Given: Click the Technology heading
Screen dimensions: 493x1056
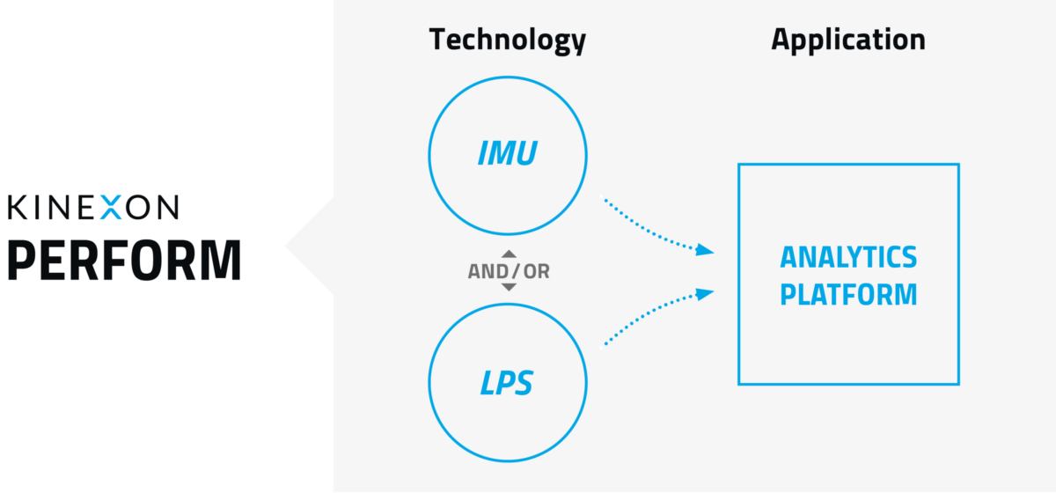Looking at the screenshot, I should [507, 40].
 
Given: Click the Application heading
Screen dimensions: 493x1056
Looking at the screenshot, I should [847, 40].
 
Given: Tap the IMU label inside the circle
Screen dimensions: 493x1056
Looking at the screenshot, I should [507, 155].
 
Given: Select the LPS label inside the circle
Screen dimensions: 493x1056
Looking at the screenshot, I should [507, 383].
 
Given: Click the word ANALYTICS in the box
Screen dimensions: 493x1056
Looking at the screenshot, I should [847, 258].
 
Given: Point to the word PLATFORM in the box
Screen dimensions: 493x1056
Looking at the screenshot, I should [847, 294].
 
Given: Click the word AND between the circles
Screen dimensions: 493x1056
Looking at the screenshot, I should [486, 271].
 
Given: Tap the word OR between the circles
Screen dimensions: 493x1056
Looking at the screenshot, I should [536, 271].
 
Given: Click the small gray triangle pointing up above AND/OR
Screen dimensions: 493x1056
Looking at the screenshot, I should [509, 254].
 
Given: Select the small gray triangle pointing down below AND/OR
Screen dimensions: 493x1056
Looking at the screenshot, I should [509, 287].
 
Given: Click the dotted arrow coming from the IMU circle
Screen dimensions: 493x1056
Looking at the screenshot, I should [651, 226].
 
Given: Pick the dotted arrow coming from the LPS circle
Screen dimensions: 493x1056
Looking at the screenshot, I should [651, 316].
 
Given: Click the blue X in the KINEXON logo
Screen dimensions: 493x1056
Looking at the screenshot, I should [111, 207].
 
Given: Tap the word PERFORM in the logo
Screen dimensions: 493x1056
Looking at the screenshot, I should [123, 260].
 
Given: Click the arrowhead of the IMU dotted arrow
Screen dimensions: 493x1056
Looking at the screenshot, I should [705, 251].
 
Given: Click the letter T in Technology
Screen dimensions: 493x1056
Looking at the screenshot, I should [437, 40].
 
